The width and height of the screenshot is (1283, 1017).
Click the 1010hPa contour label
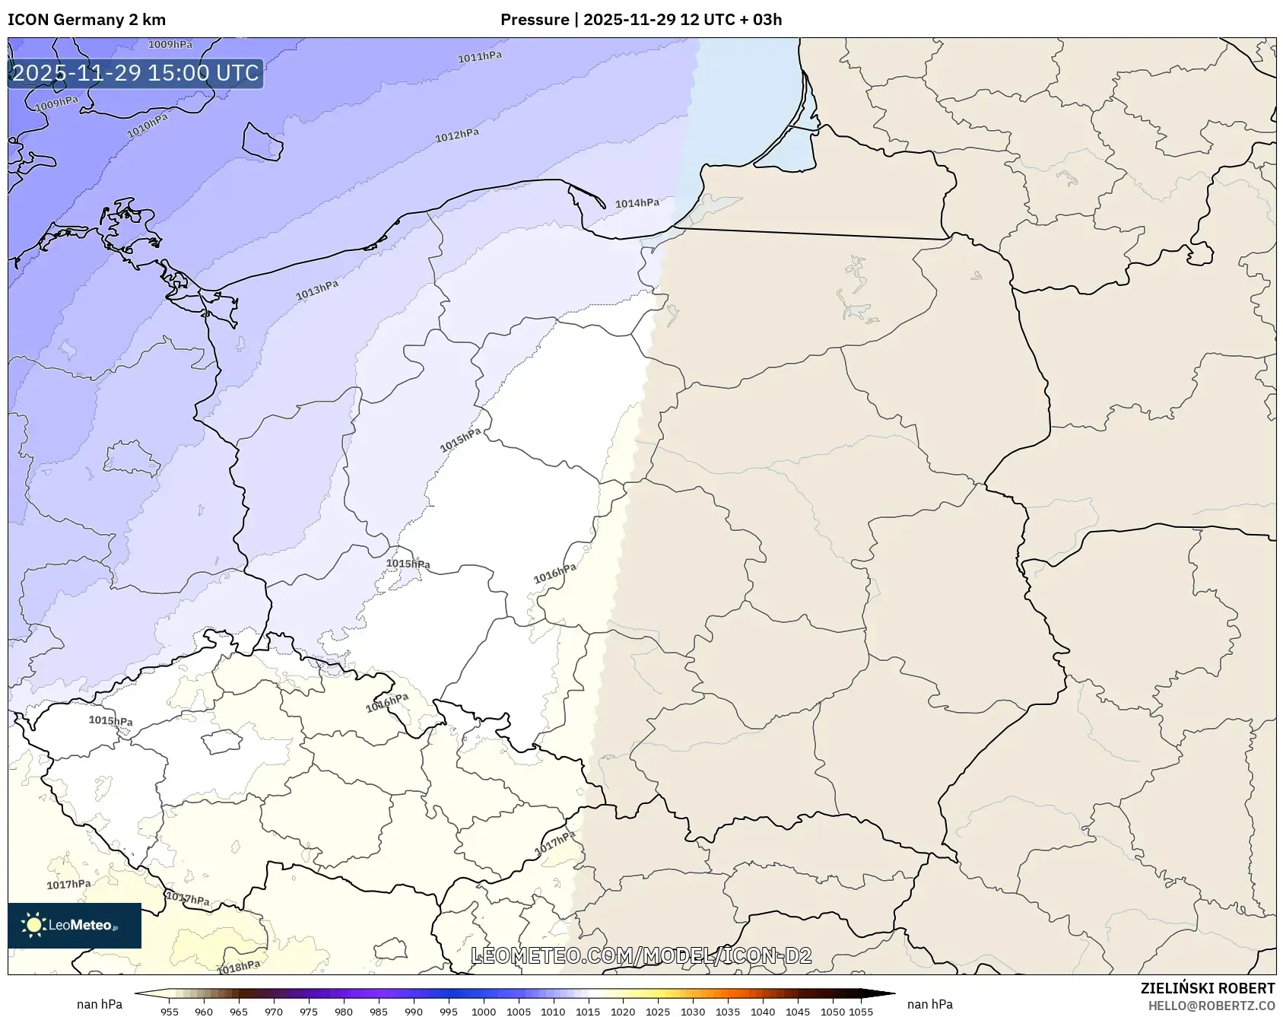[x=147, y=126]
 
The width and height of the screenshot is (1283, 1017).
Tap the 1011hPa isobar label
[x=479, y=57]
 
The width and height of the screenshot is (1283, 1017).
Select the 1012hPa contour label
[x=456, y=136]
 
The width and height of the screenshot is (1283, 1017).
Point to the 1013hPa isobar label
[x=316, y=290]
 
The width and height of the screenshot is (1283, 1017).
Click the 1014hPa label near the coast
[x=637, y=203]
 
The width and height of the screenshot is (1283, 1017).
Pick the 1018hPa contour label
[x=238, y=967]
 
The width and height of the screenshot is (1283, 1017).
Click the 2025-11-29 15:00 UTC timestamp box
[x=135, y=73]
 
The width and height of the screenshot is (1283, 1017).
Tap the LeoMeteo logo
[x=75, y=925]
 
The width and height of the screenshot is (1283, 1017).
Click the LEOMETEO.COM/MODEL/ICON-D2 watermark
[x=641, y=955]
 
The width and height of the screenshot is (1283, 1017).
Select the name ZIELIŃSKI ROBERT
[x=1207, y=988]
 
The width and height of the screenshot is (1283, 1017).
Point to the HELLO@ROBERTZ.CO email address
[x=1212, y=1006]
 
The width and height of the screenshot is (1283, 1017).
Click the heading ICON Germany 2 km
[x=87, y=20]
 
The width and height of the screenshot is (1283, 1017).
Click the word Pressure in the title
[x=535, y=20]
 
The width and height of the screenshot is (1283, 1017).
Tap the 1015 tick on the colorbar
[x=588, y=1011]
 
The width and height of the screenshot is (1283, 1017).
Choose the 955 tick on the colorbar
[x=170, y=1011]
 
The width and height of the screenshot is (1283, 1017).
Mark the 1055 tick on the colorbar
[x=860, y=1011]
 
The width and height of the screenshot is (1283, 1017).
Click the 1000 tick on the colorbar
[x=484, y=1011]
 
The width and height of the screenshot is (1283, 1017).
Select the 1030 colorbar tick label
[x=693, y=1011]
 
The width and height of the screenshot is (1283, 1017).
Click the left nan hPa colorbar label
[x=100, y=1004]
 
